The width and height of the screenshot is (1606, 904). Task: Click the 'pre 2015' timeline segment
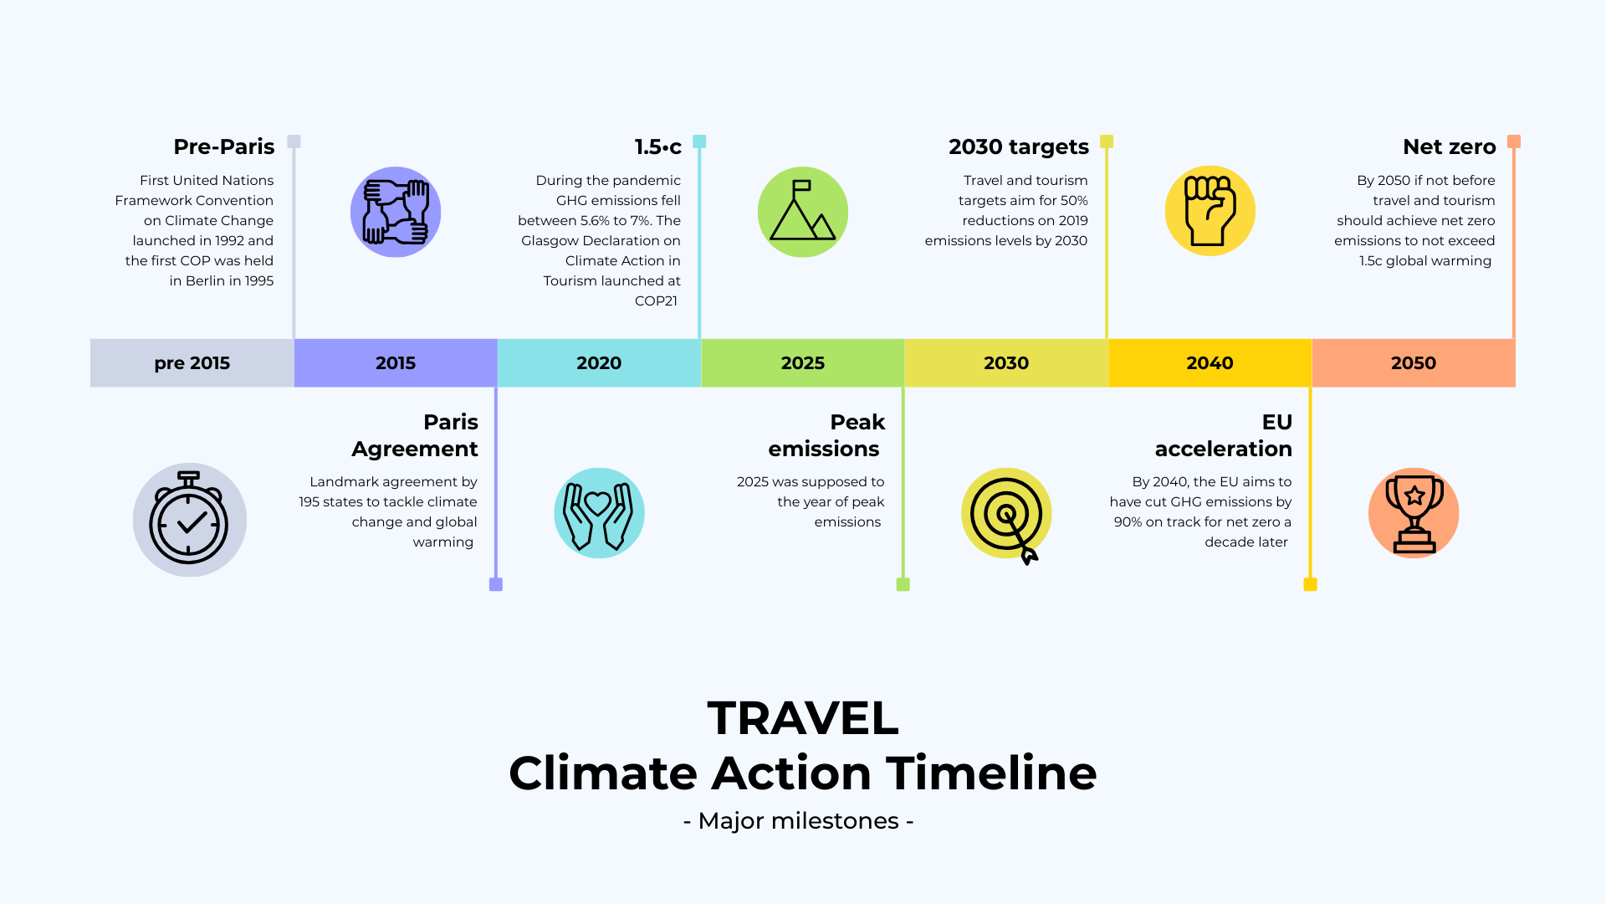pos(192,363)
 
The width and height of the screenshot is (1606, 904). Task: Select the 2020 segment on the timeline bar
pos(599,363)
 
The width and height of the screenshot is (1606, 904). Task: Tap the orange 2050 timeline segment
pos(1414,363)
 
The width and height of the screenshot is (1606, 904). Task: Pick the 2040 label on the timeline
pos(1210,363)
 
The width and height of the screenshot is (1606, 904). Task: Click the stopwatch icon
pos(189,520)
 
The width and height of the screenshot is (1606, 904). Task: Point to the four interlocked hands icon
pos(396,212)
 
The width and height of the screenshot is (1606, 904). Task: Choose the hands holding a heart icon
pos(599,513)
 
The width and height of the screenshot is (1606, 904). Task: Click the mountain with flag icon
pos(803,212)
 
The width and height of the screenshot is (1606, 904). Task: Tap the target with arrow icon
pos(1006,514)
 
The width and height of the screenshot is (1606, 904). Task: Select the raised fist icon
pos(1210,211)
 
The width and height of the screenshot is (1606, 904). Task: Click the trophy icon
pos(1414,513)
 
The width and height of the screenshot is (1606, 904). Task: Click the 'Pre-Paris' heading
pos(223,147)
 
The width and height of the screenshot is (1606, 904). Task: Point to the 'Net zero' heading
pos(1449,147)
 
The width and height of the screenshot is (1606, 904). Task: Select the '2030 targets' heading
pos(1018,147)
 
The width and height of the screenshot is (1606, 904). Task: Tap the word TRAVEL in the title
pos(803,718)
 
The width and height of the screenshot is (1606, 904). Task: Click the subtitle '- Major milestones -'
pos(798,821)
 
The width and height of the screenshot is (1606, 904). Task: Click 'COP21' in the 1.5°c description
pos(656,301)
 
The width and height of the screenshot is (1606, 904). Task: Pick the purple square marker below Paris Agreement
pos(496,584)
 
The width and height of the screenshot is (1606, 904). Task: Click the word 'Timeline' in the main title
pos(991,773)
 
